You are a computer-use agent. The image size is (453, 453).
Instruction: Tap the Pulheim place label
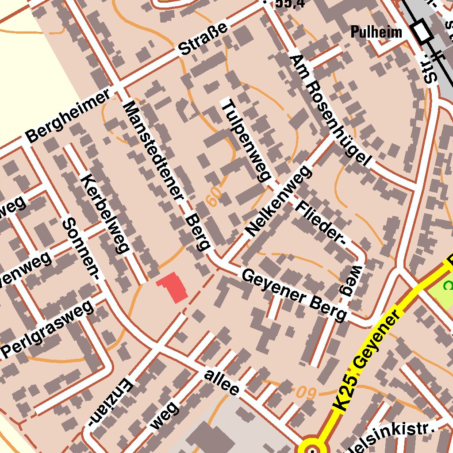376,32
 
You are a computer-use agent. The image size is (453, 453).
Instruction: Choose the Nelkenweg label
279,201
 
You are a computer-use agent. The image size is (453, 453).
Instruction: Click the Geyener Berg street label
294,296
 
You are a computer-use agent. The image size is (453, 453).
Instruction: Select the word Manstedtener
153,150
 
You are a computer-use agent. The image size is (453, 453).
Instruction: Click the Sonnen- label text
81,249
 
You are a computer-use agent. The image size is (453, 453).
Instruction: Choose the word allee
222,382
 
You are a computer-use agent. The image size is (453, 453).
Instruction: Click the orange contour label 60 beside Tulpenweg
214,196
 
